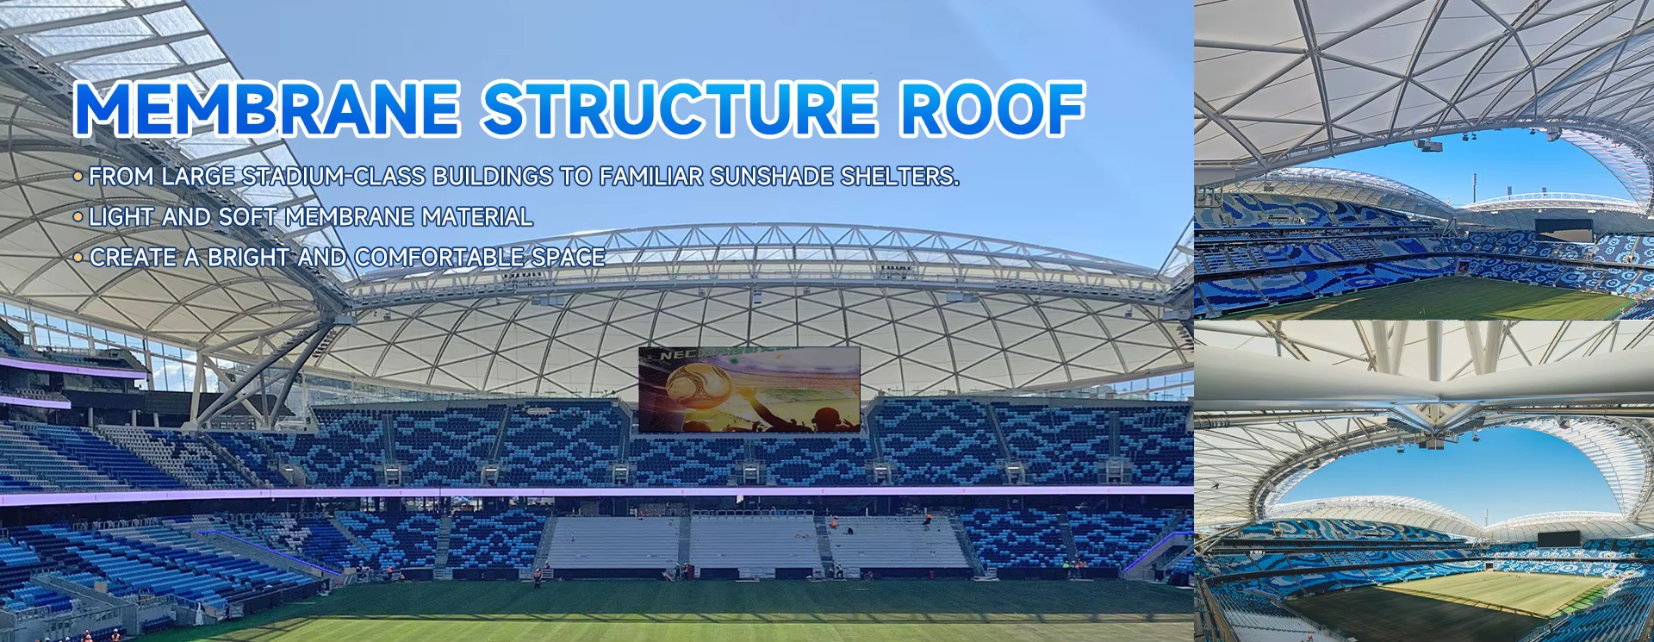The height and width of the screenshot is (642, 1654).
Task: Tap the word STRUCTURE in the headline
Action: coord(681,109)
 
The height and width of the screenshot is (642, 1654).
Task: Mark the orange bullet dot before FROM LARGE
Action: coord(78,177)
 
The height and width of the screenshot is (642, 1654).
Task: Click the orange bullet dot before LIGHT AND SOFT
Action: coord(78,217)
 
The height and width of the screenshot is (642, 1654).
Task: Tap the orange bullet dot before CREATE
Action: coord(78,258)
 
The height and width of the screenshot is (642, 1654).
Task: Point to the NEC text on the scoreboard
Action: coord(677,354)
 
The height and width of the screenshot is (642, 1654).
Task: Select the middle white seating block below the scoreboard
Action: coord(754,541)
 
